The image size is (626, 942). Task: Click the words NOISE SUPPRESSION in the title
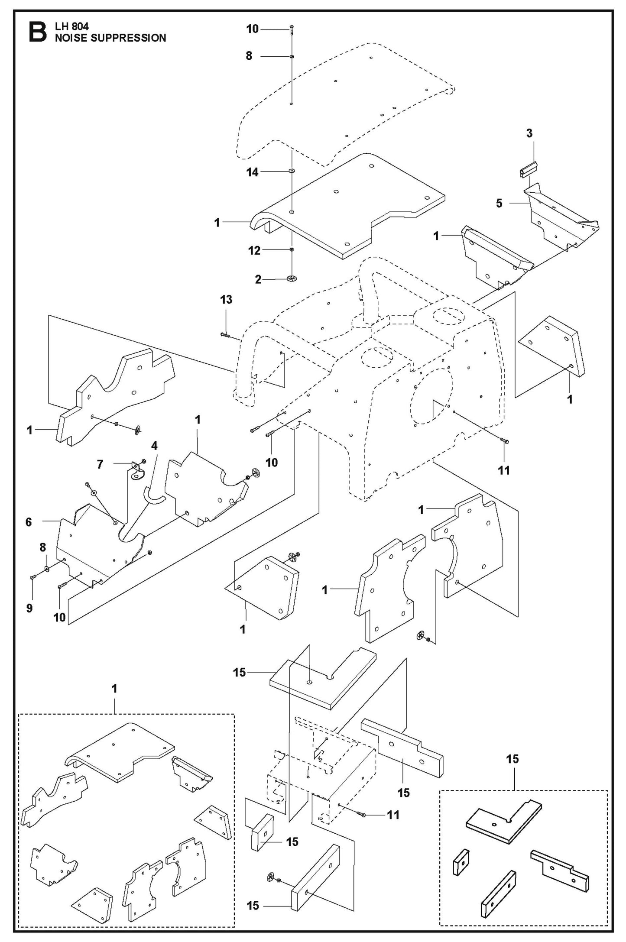[x=110, y=38]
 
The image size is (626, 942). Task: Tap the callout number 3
[x=529, y=133]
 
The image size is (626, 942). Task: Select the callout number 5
[x=499, y=203]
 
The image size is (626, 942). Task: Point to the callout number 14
[x=252, y=172]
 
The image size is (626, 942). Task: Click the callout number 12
[x=254, y=250]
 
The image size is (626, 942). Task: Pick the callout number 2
[x=258, y=280]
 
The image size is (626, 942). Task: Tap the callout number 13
[x=226, y=299]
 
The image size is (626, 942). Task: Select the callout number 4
[x=154, y=445]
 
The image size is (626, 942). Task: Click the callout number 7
[x=100, y=464]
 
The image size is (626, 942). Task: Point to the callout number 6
[x=29, y=522]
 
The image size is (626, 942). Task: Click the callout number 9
[x=29, y=608]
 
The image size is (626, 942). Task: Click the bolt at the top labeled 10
[x=292, y=29]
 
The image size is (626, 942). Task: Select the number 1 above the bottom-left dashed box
[x=114, y=689]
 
